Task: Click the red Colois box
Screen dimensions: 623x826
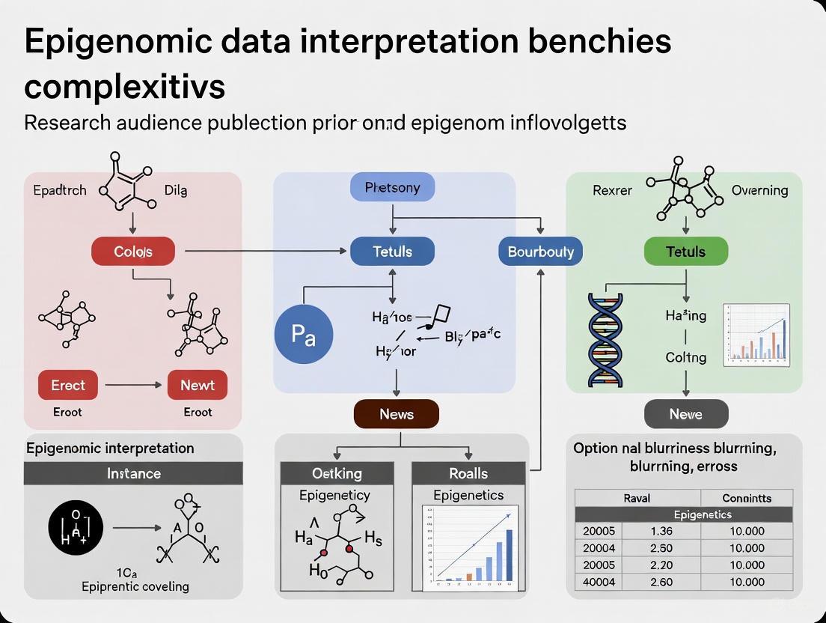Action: click(133, 252)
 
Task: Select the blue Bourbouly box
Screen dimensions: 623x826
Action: click(540, 252)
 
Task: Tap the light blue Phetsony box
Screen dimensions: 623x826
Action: click(392, 187)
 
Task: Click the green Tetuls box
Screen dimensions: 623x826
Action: click(685, 252)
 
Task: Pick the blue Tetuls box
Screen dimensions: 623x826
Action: click(392, 252)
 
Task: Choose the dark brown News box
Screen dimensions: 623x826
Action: click(396, 414)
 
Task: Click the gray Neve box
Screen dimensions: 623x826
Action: click(685, 414)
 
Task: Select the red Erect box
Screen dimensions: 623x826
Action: click(68, 385)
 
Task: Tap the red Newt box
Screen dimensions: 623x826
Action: click(198, 385)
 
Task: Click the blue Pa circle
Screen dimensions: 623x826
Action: click(303, 335)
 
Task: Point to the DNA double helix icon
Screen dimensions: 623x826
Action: click(606, 338)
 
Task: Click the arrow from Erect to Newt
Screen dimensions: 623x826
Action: click(133, 385)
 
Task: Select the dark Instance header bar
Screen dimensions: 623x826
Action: click(133, 473)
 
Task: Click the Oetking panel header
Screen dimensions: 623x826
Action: click(337, 473)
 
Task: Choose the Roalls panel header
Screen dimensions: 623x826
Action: click(468, 473)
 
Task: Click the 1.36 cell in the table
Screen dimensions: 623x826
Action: click(661, 531)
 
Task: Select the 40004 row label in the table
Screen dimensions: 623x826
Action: click(599, 582)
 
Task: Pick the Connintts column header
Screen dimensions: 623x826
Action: click(746, 498)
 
